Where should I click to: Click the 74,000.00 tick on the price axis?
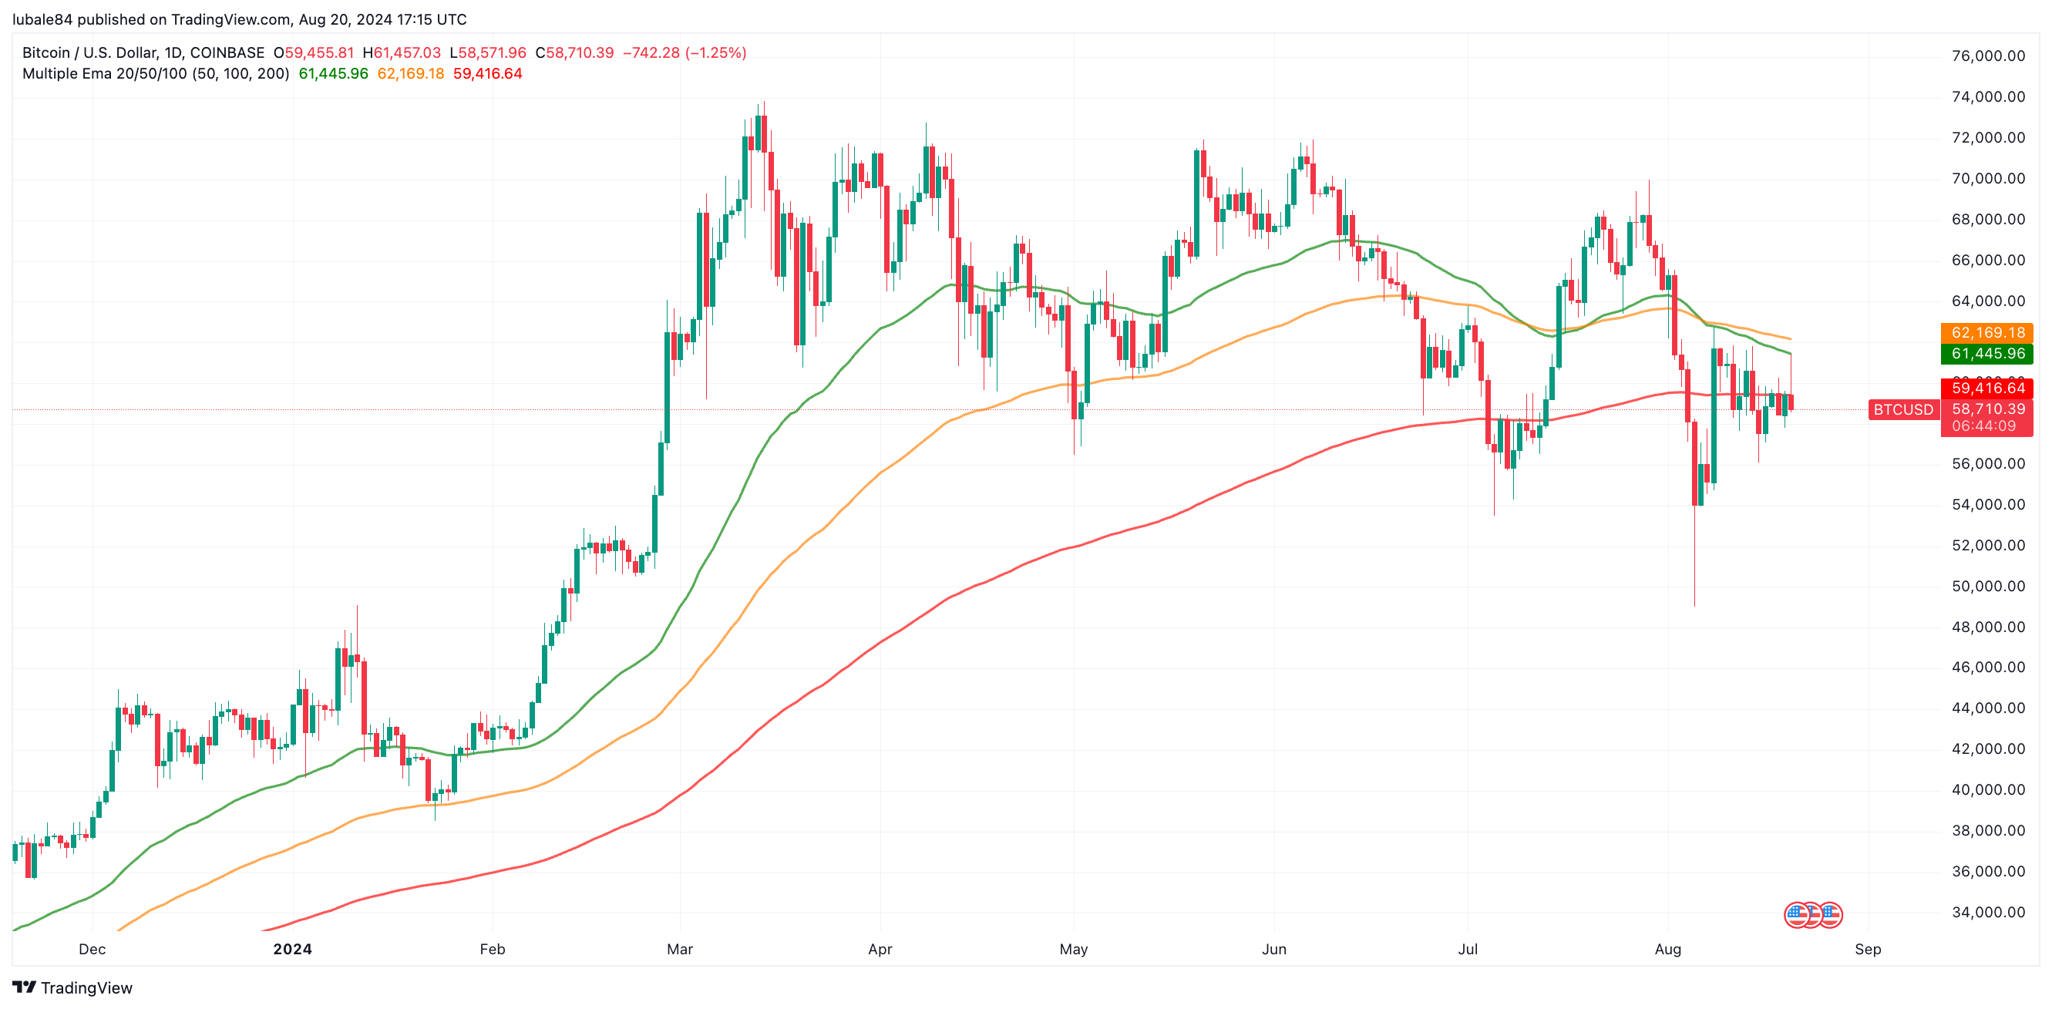pyautogui.click(x=1987, y=97)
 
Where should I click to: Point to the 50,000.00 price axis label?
pyautogui.click(x=1987, y=586)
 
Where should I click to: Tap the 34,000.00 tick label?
pyautogui.click(x=1987, y=912)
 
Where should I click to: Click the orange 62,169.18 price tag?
pyautogui.click(x=1986, y=333)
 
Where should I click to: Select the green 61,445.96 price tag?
pyautogui.click(x=1986, y=354)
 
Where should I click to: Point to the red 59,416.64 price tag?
pyautogui.click(x=1986, y=388)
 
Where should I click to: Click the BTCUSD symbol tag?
pyautogui.click(x=1902, y=410)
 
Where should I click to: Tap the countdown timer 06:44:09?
pyautogui.click(x=1983, y=426)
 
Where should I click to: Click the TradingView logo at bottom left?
pyautogui.click(x=72, y=987)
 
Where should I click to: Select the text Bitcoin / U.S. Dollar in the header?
pyautogui.click(x=88, y=52)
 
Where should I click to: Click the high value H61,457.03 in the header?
pyautogui.click(x=402, y=52)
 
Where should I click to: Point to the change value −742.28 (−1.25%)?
pyautogui.click(x=685, y=52)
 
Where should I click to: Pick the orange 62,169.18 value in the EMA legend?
pyautogui.click(x=410, y=73)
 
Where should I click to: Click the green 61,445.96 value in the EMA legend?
pyautogui.click(x=333, y=73)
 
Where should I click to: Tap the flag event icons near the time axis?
pyautogui.click(x=1812, y=915)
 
